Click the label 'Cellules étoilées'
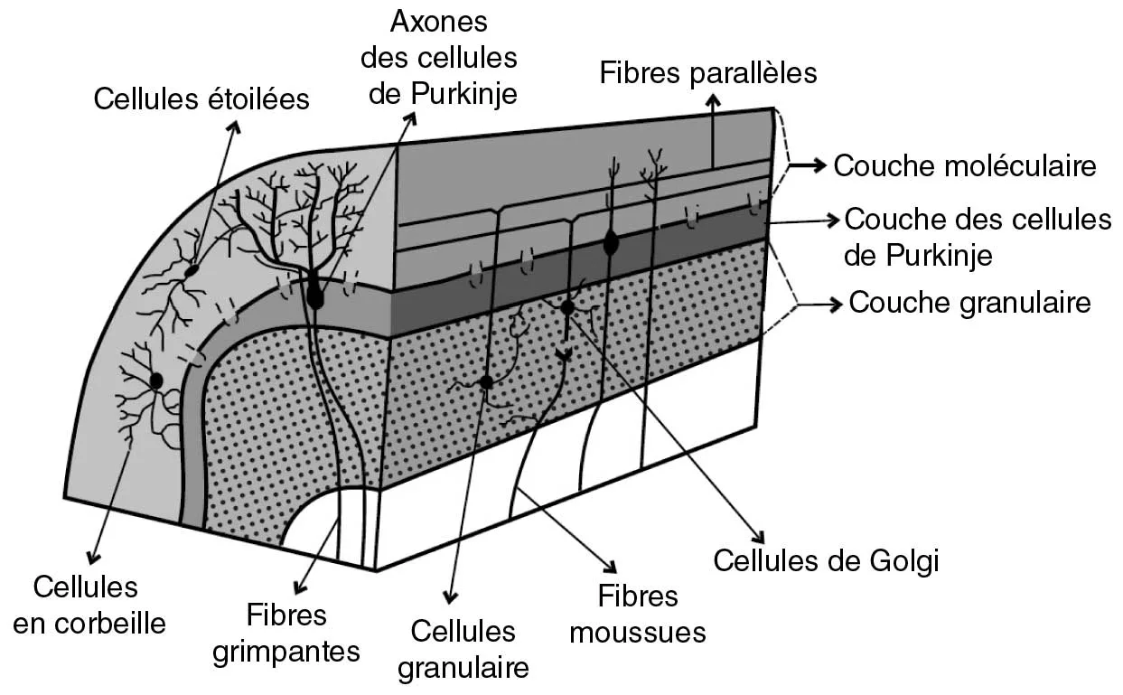pos(201,99)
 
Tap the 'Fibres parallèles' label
pos(708,71)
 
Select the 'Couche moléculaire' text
pos(964,165)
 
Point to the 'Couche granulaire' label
pos(970,302)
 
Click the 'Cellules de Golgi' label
pos(827,560)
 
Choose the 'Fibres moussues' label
pos(638,613)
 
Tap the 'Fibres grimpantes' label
pos(286,633)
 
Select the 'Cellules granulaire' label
pos(463,649)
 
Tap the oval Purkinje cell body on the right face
pos(611,242)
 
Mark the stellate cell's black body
pos(192,269)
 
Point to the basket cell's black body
pos(155,380)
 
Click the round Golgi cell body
pos(567,308)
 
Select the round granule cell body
pos(486,382)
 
